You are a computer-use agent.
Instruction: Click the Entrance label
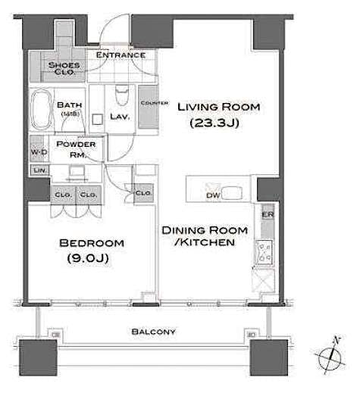point(121,55)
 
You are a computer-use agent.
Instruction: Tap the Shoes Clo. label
point(64,70)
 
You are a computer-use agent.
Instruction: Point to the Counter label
point(149,102)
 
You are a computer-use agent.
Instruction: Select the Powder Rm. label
point(81,148)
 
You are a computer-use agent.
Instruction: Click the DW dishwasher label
point(213,195)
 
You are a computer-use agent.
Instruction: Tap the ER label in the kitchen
point(266,215)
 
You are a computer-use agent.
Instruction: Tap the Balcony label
point(153,332)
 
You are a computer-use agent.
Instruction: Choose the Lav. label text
point(120,117)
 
